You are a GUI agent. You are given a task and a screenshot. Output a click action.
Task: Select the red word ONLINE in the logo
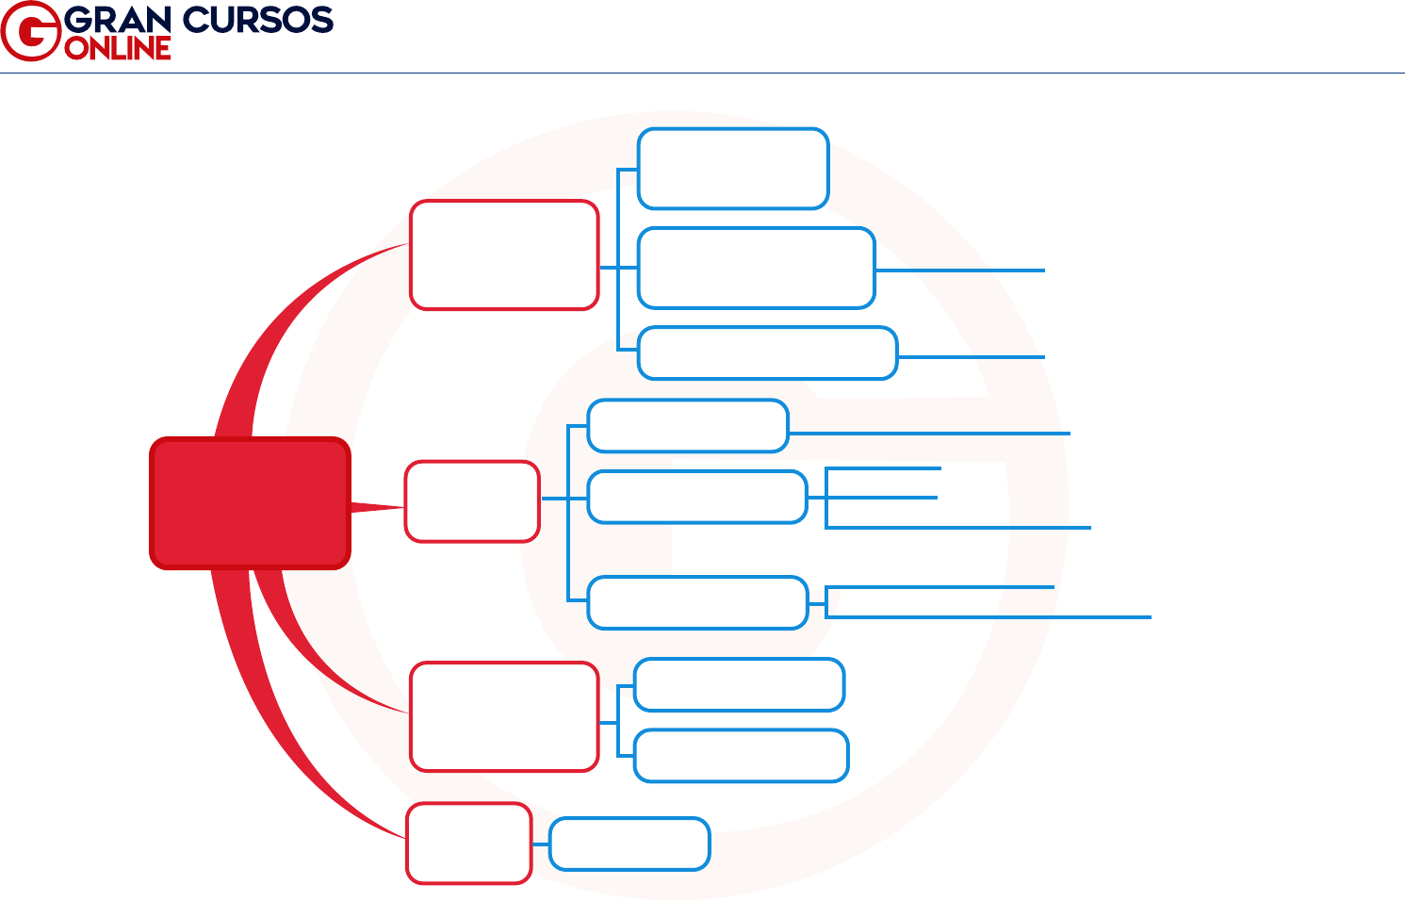tap(118, 48)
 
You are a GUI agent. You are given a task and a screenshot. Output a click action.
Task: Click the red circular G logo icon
tap(30, 31)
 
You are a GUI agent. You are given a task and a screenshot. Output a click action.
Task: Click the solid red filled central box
tap(250, 503)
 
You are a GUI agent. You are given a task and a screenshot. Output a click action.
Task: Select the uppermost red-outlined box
tap(504, 254)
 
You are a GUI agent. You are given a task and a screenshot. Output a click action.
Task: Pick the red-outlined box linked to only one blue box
tap(468, 843)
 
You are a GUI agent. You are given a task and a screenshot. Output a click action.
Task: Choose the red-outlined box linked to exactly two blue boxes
tap(504, 716)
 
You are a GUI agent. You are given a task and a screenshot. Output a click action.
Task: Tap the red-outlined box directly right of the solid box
tap(472, 501)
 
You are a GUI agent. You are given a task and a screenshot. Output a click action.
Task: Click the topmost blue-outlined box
tap(733, 169)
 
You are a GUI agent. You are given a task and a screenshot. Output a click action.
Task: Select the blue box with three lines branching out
tap(697, 497)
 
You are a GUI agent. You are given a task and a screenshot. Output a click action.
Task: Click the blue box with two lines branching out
tap(697, 602)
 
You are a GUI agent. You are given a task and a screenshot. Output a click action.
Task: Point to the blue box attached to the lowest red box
tap(629, 844)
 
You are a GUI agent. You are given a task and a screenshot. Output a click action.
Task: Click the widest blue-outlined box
tap(767, 353)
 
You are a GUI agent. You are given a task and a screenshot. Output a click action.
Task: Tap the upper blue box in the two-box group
tap(739, 684)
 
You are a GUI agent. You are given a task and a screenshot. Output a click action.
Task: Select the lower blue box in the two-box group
tap(742, 756)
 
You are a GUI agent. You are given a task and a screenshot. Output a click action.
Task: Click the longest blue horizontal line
tap(989, 617)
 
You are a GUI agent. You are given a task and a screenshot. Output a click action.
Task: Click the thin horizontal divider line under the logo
tap(702, 73)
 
